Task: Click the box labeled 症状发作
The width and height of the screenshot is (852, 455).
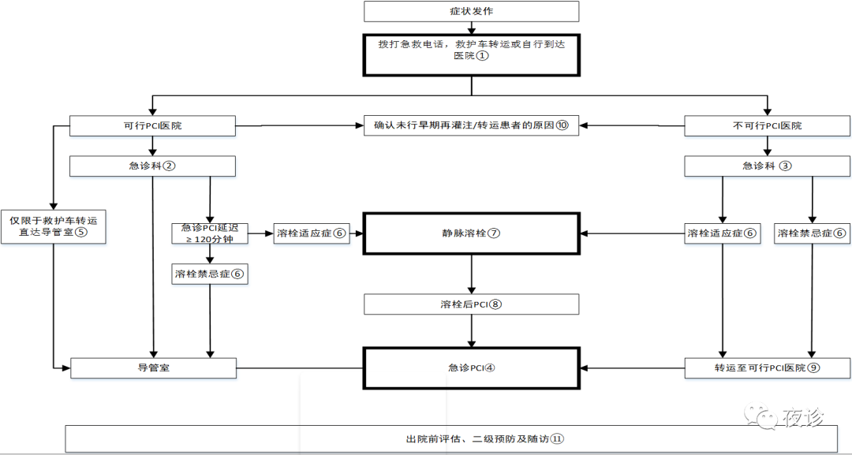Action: (x=471, y=11)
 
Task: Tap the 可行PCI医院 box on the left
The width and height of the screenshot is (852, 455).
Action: (x=152, y=125)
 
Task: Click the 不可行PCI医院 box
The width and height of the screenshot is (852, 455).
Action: (x=767, y=125)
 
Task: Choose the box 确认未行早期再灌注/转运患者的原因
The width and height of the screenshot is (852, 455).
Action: (x=471, y=125)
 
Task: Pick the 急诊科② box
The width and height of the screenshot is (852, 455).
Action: (x=152, y=166)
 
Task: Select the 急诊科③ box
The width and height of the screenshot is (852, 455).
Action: (x=767, y=166)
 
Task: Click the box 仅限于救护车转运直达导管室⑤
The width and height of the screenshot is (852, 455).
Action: (x=53, y=226)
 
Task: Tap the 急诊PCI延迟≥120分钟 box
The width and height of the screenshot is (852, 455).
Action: (x=209, y=233)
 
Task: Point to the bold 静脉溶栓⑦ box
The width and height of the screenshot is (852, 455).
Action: (x=471, y=233)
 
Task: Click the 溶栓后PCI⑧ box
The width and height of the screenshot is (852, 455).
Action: (x=471, y=304)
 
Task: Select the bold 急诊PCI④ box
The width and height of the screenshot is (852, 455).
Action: (x=471, y=367)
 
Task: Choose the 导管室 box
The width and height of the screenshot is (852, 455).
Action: (x=152, y=367)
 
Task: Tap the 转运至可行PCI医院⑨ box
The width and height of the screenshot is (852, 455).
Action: (x=767, y=367)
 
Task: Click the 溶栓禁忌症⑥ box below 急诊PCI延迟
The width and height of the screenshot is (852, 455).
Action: (x=209, y=274)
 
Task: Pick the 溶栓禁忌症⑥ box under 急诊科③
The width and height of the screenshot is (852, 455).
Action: (x=812, y=233)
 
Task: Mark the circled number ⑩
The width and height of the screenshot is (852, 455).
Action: (x=562, y=125)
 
